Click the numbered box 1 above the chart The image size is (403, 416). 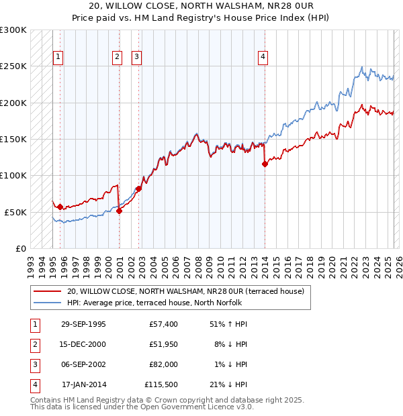click(58, 58)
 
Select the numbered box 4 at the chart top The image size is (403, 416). click(263, 58)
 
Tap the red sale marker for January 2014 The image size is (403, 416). click(265, 164)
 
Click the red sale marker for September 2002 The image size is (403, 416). click(138, 189)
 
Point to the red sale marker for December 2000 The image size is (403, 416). click(119, 211)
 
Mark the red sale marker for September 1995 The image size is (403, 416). click(60, 207)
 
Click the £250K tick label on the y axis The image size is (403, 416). click(13, 66)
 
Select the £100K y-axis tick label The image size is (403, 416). click(13, 175)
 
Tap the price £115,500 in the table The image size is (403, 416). click(161, 384)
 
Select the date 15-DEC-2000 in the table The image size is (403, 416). click(83, 344)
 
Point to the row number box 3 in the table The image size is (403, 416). click(34, 364)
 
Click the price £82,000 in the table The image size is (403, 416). click(163, 364)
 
